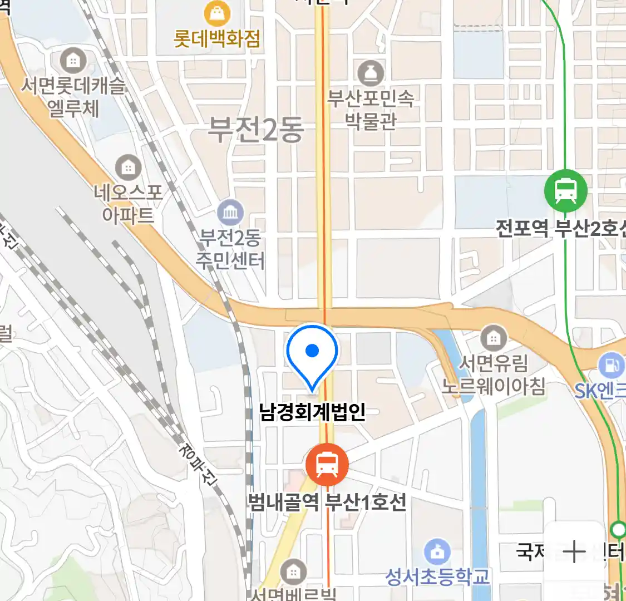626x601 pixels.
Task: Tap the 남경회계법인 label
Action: pos(312,412)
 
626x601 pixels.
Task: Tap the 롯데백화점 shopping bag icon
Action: pos(218,13)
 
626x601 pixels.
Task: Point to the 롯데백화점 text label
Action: pos(217,38)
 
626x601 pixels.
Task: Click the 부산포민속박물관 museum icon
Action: pos(371,73)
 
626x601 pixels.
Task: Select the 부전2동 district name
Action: pos(256,130)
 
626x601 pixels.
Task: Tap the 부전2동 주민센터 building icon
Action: pos(230,213)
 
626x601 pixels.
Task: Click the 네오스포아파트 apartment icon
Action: pos(128,167)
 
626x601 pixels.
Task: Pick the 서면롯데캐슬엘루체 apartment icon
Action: pos(73,60)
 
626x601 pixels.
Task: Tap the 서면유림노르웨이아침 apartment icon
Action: pos(493,338)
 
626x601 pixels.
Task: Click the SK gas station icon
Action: pos(612,366)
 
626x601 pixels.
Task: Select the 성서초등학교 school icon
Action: pos(437,552)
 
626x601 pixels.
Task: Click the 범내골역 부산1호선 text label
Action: pos(327,503)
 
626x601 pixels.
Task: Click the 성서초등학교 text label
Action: pos(437,577)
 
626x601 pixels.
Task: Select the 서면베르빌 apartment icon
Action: pos(293,572)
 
